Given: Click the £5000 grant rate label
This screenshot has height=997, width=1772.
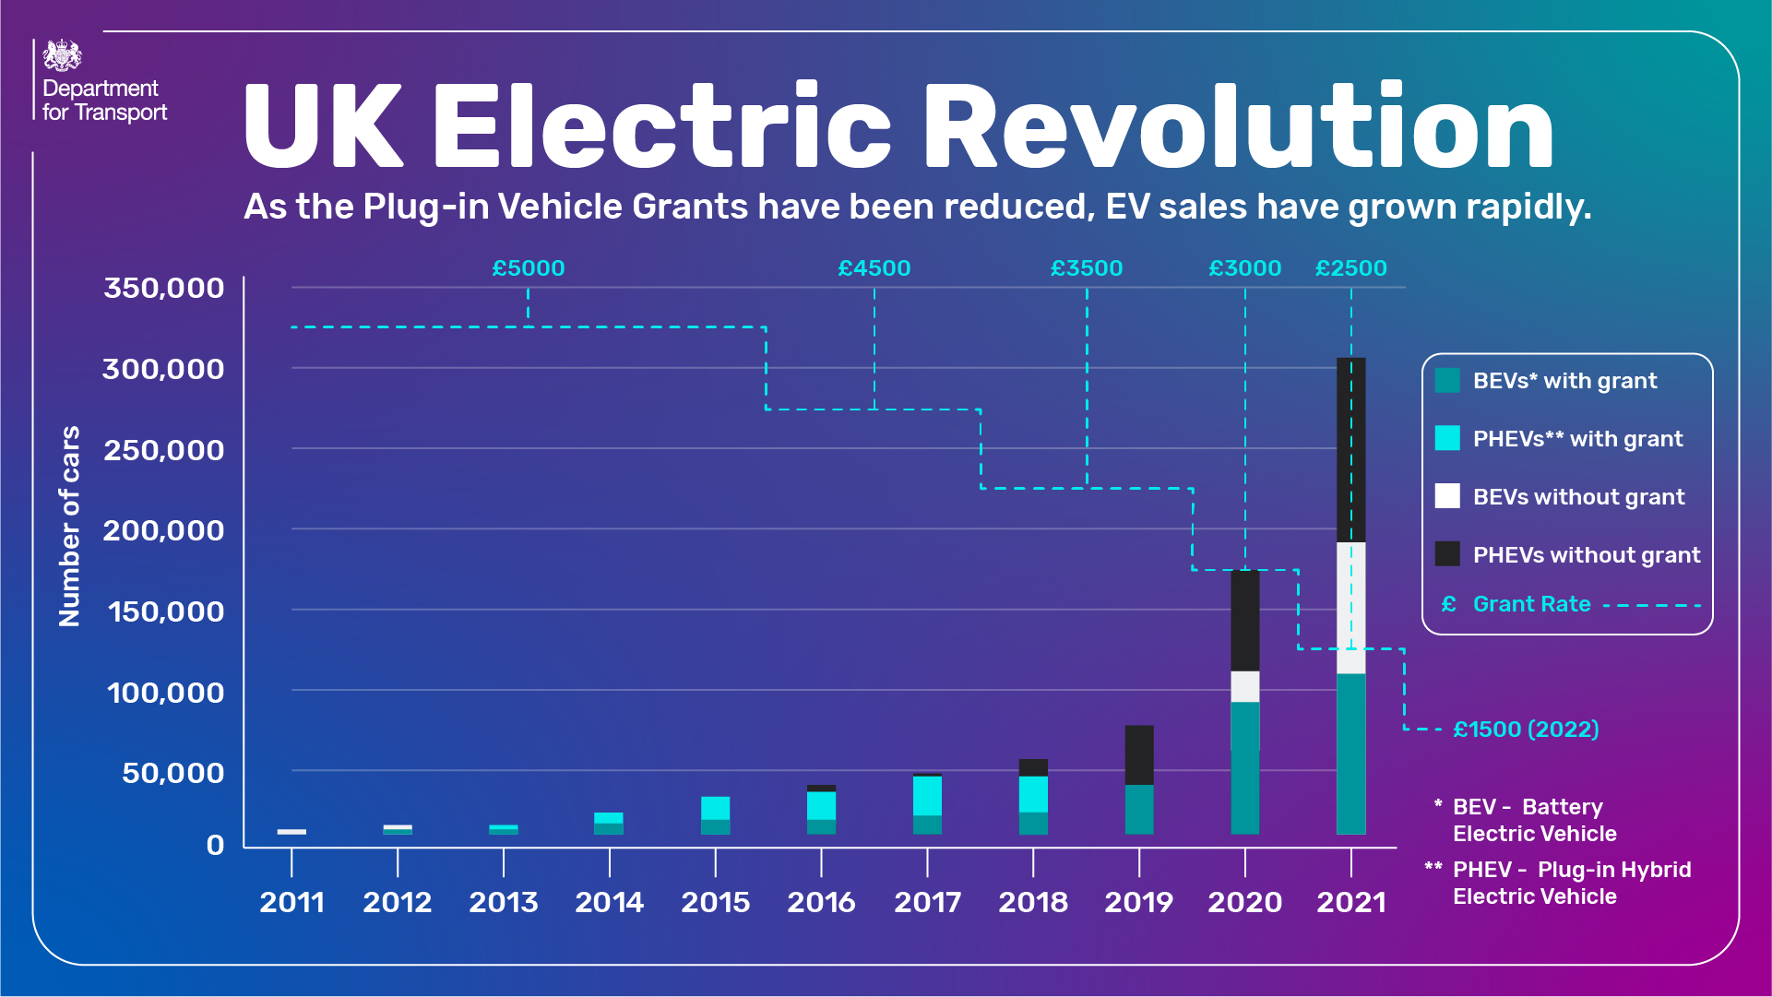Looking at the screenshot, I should pos(528,268).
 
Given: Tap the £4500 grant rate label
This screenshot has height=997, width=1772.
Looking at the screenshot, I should pos(874,268).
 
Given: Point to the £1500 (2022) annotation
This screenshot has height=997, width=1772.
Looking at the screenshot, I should pos(1526,730).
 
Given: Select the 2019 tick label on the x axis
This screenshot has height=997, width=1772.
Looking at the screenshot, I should pos(1138,902).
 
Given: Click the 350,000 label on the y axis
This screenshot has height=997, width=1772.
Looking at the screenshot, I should pos(164,288).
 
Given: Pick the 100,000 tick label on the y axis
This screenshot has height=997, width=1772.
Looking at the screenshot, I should pos(165,693).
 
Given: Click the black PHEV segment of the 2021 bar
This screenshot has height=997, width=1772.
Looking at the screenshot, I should pos(1350,449).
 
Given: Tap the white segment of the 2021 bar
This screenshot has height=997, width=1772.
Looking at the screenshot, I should pos(1350,608).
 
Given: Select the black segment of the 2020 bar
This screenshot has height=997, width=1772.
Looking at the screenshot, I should pos(1244,621).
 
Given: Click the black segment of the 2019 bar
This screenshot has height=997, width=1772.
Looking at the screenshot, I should pos(1138,754).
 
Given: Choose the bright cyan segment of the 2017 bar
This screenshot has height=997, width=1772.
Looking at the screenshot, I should pos(927,796).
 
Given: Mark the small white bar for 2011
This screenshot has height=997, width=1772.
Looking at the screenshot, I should pos(291,832).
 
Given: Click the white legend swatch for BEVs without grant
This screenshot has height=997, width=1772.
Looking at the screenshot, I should pos(1447,496).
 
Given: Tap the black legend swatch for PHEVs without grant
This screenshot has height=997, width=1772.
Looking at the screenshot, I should pos(1447,554).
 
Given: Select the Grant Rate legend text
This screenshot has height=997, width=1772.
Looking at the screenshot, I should pos(1531,604).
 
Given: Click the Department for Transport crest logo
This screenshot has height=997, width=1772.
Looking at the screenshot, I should pos(62,55).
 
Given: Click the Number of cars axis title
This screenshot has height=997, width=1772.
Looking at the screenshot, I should pos(69,526).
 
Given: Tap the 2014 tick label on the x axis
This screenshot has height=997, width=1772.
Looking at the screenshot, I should pos(609,902).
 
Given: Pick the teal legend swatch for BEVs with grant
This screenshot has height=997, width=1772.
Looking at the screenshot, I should pos(1447,380).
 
